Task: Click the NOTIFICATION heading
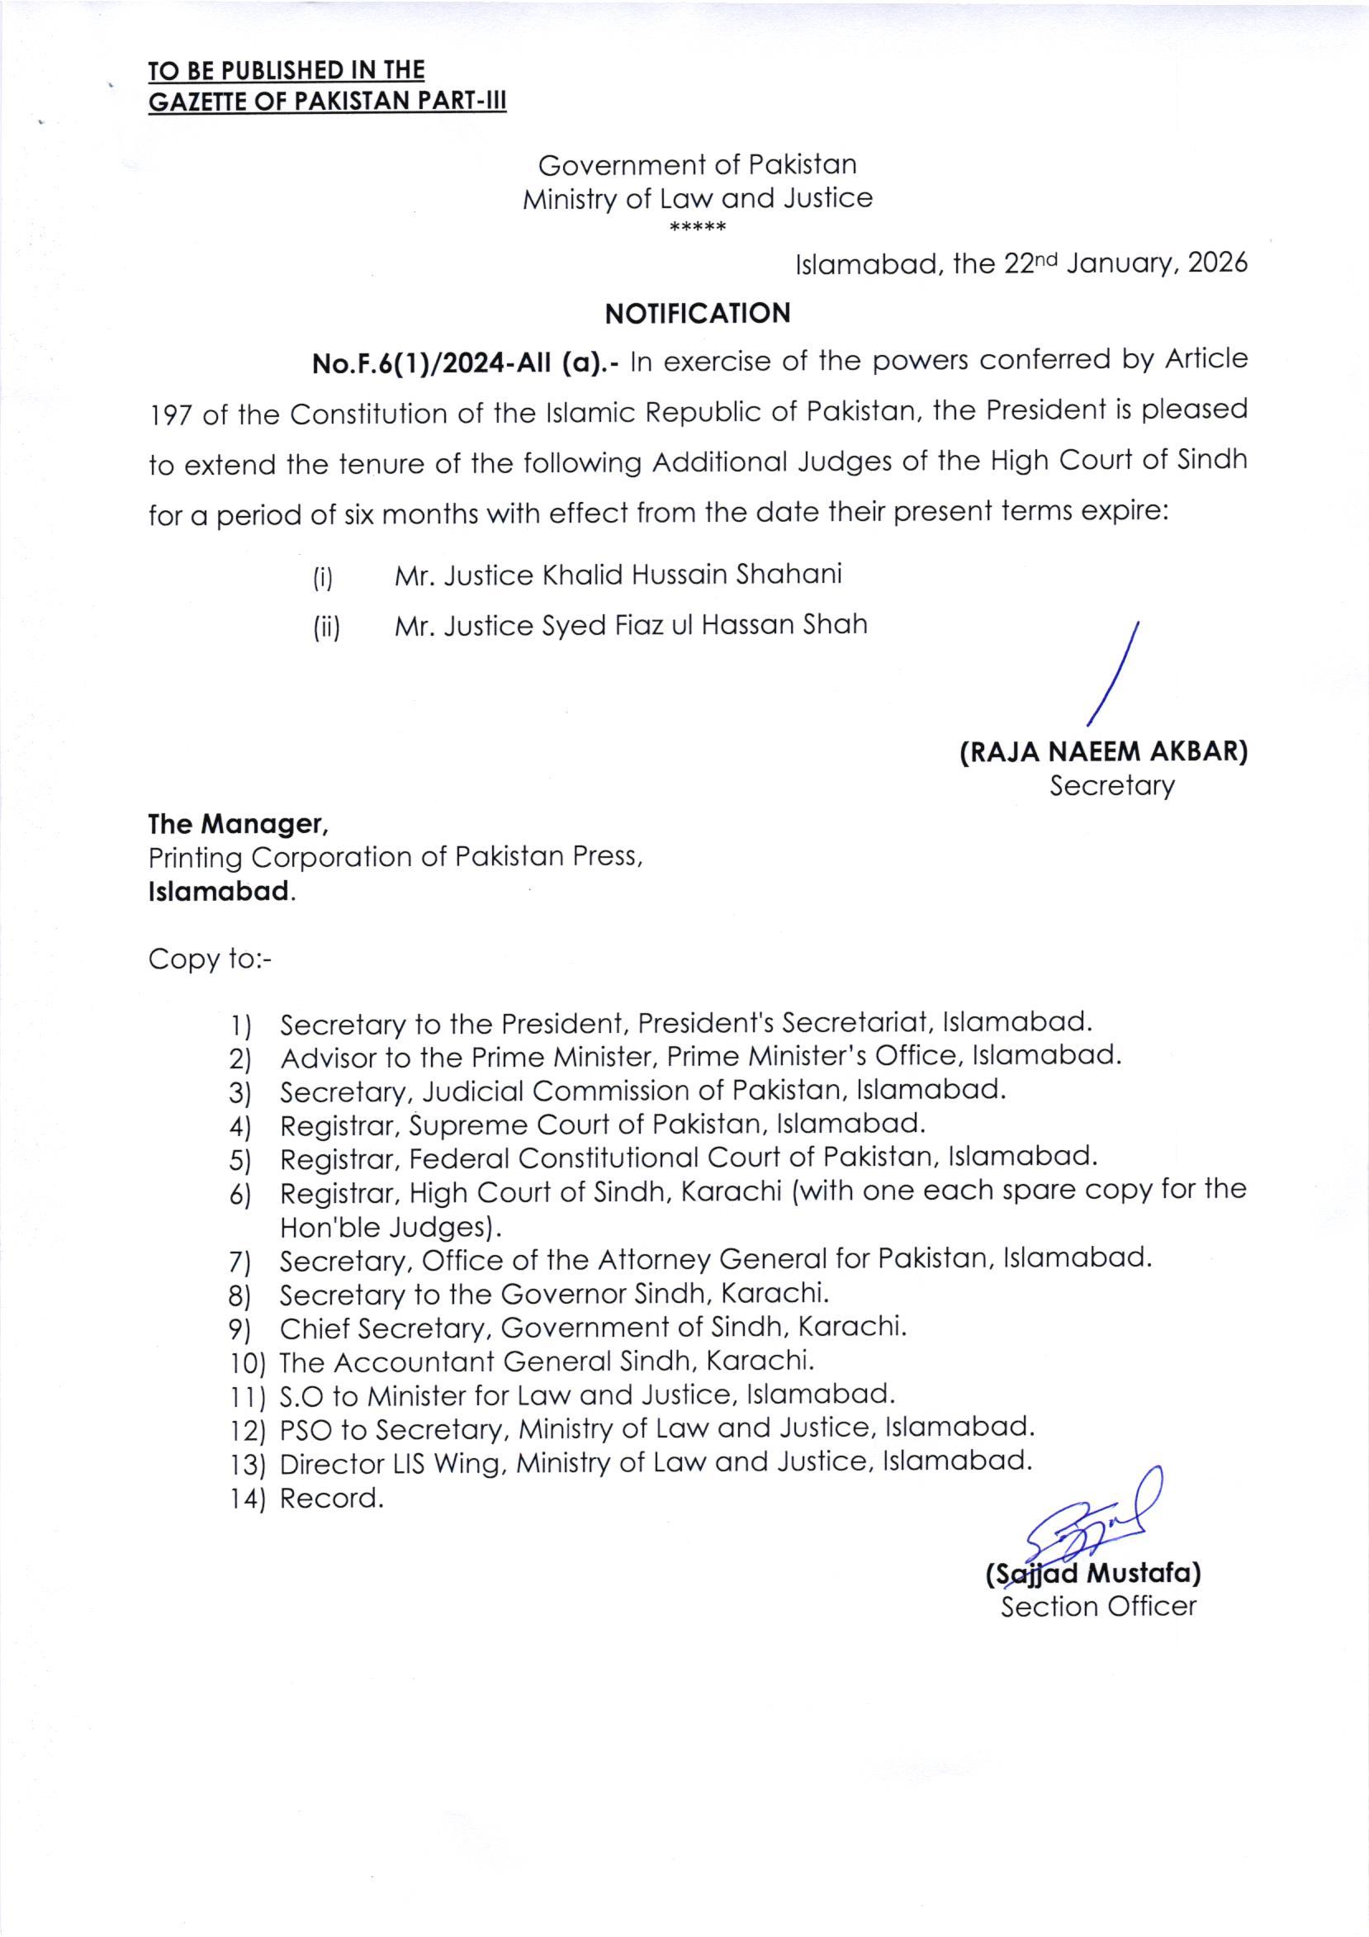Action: tap(698, 313)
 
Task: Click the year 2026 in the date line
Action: tap(1216, 264)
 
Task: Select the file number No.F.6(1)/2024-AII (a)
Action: tap(467, 363)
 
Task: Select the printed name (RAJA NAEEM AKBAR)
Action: tap(1103, 751)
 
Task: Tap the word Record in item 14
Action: tap(329, 1499)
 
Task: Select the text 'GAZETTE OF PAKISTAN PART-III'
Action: tap(327, 102)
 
